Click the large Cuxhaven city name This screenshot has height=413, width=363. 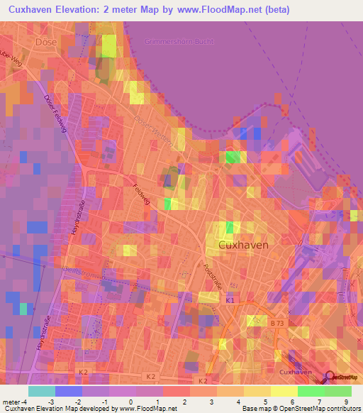243,244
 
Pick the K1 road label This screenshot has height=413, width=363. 230,302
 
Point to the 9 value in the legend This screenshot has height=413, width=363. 347,402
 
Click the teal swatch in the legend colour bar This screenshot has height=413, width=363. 42,391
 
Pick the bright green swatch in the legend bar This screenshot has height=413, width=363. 311,391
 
